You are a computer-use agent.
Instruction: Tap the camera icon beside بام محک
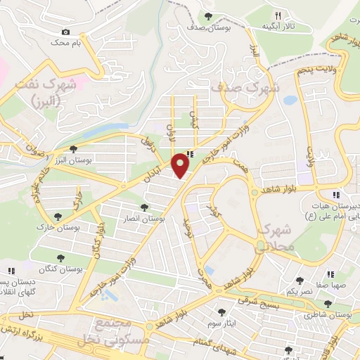(x=66, y=32)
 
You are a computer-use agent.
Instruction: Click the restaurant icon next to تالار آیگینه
(x=278, y=15)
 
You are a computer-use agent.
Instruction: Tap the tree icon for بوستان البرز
(x=73, y=148)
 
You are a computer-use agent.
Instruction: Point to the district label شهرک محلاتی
(x=274, y=238)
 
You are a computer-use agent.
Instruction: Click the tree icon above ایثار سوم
(x=221, y=311)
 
